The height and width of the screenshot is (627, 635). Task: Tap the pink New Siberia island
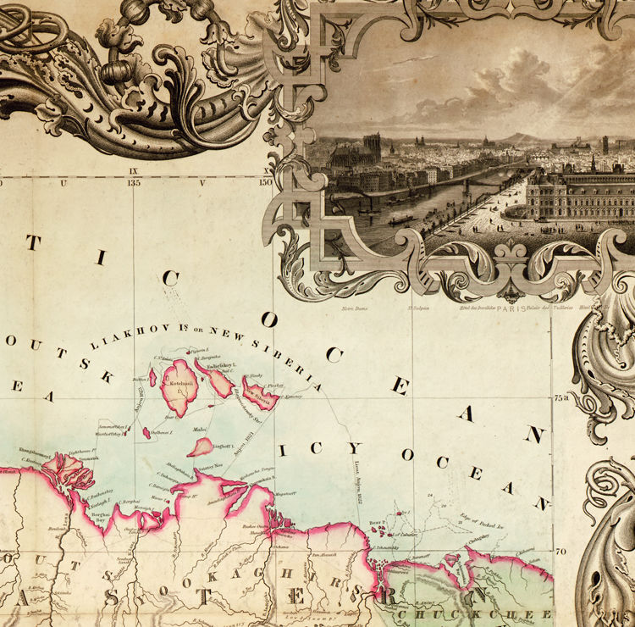coord(258,392)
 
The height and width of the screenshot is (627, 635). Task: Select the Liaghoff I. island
coord(201,447)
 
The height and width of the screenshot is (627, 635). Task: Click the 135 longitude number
coord(134,181)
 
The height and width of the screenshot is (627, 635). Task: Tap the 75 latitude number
coord(560,397)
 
